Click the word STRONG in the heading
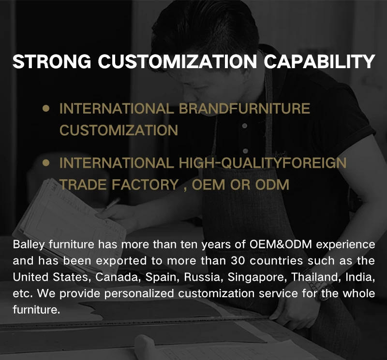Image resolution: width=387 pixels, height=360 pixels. pos(52,61)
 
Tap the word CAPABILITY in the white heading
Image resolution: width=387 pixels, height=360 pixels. pos(319,61)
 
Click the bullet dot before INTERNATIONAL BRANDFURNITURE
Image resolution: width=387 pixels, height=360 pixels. pos(46,108)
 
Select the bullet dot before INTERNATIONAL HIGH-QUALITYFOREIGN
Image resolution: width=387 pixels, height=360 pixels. pos(46,163)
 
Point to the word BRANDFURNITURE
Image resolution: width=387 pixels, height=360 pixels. pos(244,109)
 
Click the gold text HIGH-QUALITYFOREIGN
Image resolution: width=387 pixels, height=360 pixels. pos(263,163)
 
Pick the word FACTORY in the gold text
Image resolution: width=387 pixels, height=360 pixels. pos(145,185)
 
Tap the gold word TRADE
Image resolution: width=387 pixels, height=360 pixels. pos(83,185)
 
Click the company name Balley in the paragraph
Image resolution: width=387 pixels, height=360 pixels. pos(29,245)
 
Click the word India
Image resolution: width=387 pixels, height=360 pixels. pos(360,277)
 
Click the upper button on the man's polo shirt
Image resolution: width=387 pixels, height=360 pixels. pos(245,126)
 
